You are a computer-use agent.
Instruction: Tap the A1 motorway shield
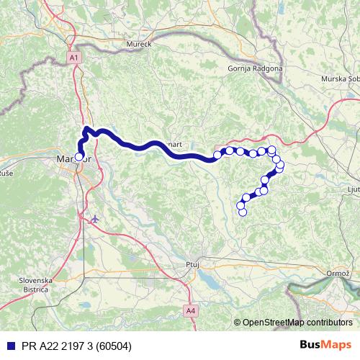click(75, 57)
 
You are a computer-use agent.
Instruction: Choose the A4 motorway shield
click(189, 311)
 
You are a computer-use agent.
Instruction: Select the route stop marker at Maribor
click(78, 156)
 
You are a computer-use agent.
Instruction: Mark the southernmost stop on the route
click(243, 212)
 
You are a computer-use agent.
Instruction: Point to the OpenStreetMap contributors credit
click(297, 323)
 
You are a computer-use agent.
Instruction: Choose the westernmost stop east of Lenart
click(217, 155)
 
